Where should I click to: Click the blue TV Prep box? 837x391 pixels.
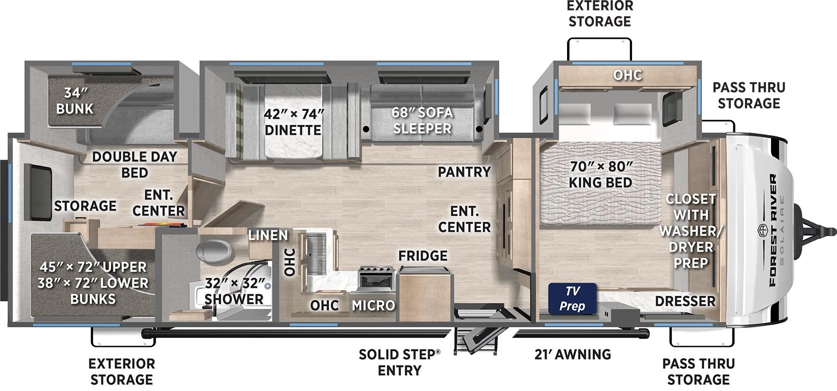coord(572,298)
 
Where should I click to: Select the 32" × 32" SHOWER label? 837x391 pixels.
coord(234,292)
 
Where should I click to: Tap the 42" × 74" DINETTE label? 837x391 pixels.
coord(293,122)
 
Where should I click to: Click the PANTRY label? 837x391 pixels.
coord(464,171)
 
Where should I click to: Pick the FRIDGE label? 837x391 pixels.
coord(423,256)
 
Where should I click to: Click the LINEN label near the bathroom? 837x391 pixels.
coord(267,235)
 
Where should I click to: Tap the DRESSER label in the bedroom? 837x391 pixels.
coord(684,301)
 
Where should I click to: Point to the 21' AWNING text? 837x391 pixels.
coord(573,354)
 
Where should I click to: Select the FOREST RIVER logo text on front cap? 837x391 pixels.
coord(773,230)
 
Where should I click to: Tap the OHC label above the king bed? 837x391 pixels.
coord(627,75)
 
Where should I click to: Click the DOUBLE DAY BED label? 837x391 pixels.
coord(134,164)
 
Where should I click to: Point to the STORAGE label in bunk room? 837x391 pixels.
coord(85,206)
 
